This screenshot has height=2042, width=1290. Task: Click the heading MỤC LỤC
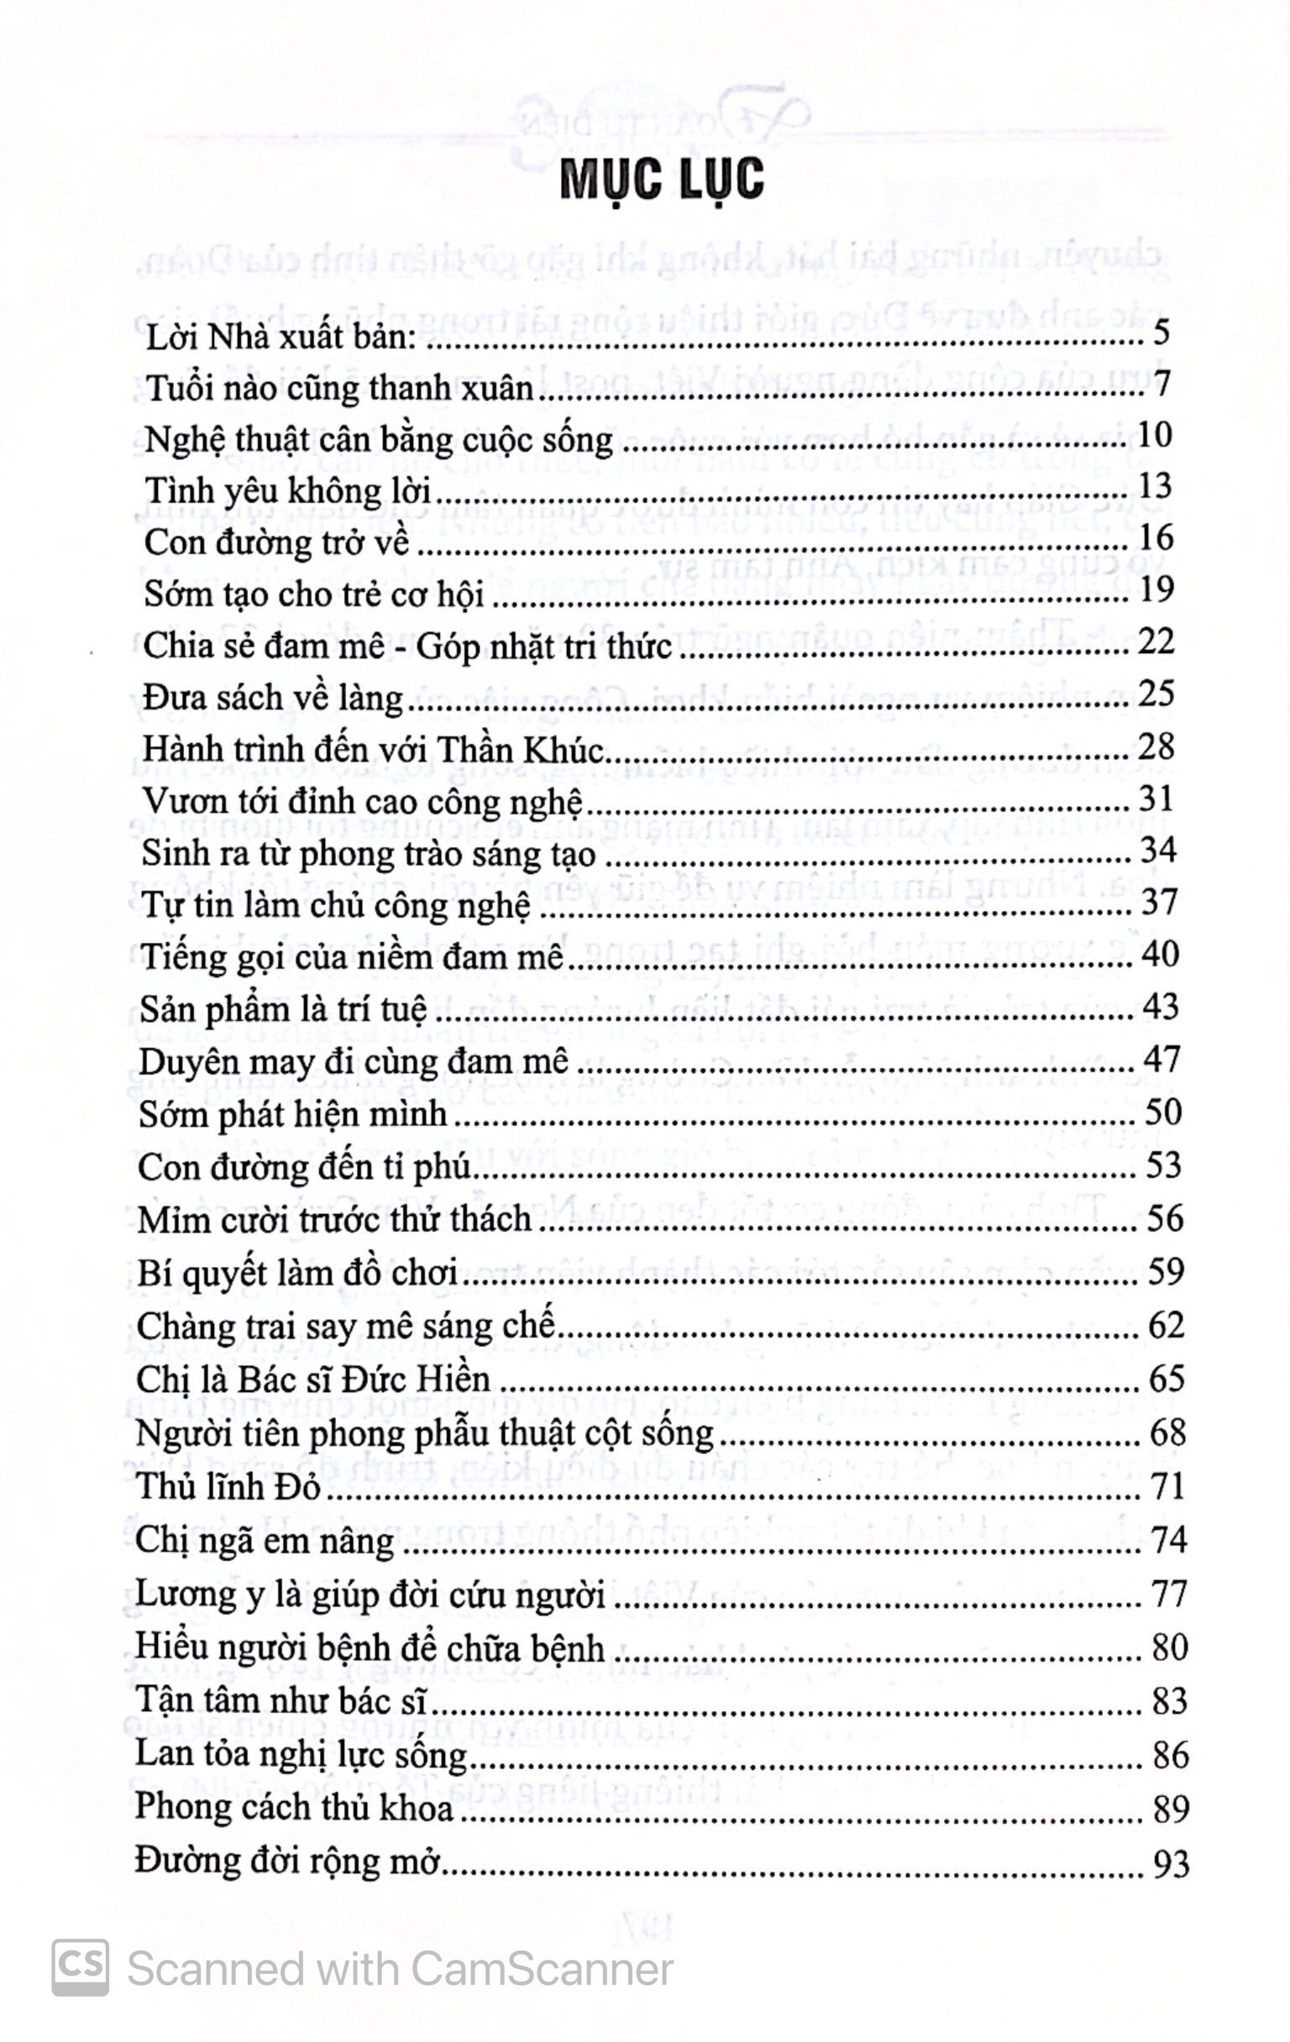pos(662,180)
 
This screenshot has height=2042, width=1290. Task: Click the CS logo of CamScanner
pos(81,1966)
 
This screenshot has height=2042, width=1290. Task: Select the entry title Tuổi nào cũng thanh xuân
pos(340,388)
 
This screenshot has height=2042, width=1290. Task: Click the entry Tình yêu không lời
pos(288,491)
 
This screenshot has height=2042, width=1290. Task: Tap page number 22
pos(1156,642)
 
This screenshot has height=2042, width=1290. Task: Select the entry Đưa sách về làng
pos(273,697)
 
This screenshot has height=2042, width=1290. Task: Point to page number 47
pos(1162,1060)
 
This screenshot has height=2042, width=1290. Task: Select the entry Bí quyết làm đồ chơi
pos(297,1273)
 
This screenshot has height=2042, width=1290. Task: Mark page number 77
pos(1167,1594)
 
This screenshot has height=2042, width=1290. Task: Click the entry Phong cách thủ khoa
pos(294,1808)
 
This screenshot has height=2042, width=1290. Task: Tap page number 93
pos(1170,1863)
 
